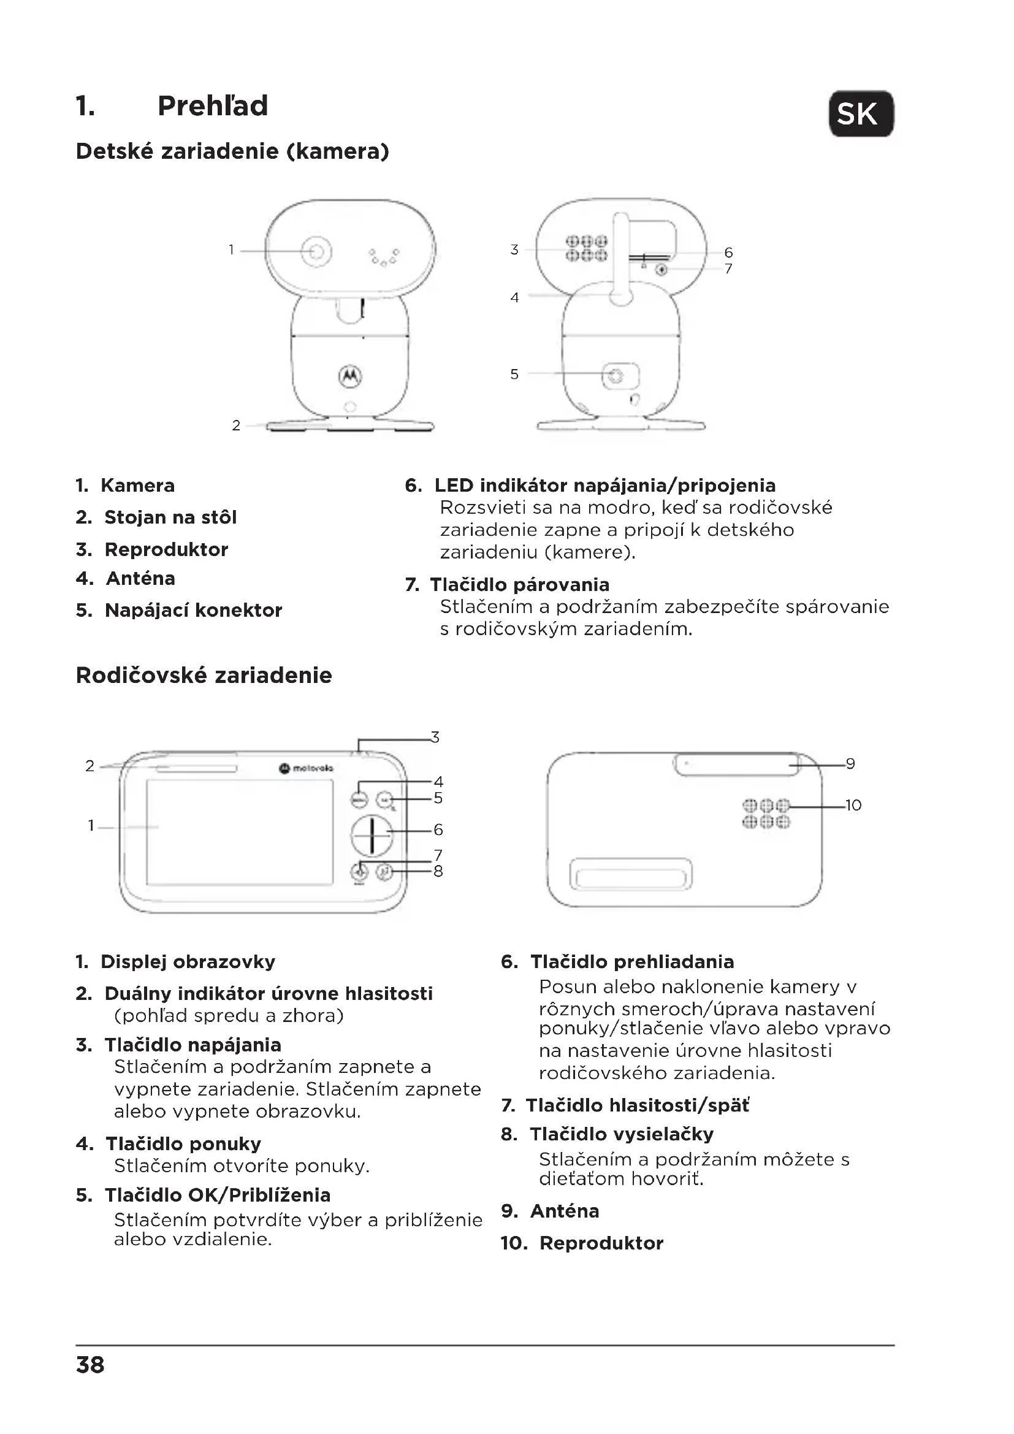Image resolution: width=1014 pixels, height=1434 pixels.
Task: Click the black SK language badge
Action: click(860, 113)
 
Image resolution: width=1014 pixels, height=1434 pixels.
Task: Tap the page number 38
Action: click(91, 1365)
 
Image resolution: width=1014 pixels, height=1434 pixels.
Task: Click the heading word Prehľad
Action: click(212, 105)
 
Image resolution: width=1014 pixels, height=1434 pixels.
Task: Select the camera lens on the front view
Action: click(317, 251)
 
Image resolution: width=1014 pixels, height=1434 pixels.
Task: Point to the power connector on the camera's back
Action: click(616, 375)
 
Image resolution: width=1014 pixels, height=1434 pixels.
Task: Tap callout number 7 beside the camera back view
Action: click(728, 269)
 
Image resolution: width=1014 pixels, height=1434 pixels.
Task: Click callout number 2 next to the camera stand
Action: click(236, 425)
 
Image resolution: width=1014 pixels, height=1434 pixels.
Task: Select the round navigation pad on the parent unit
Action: click(372, 834)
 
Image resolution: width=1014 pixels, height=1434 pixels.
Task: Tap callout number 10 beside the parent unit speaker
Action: click(853, 805)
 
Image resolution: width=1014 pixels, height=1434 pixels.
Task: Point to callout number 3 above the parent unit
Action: click(435, 737)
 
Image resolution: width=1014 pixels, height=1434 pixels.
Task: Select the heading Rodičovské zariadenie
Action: click(204, 675)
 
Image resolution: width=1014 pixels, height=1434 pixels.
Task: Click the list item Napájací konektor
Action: click(193, 610)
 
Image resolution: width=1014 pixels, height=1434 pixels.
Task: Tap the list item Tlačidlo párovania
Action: click(519, 585)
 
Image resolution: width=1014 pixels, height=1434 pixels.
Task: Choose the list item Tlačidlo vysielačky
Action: click(621, 1134)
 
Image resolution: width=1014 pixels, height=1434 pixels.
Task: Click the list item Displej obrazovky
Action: click(188, 961)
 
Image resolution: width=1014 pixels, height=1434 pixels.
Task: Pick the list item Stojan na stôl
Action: click(170, 517)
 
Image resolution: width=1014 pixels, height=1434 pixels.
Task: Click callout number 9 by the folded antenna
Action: click(850, 763)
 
